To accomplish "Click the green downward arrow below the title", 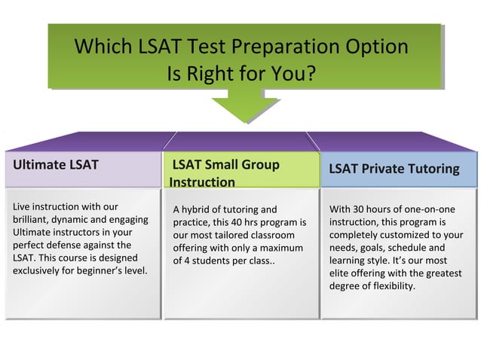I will [x=240, y=105].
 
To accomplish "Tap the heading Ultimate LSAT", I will [x=55, y=164].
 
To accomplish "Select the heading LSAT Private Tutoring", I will [x=394, y=169].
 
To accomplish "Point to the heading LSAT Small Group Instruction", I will [x=225, y=173].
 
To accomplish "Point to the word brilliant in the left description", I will [x=32, y=219].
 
